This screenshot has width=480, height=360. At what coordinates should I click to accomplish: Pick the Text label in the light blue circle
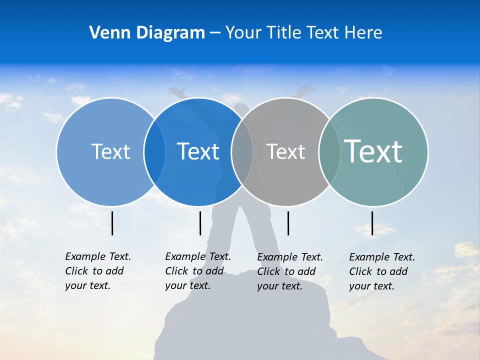110,151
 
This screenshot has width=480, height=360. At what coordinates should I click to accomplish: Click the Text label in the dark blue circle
198,151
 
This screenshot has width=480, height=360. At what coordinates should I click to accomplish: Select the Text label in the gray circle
285,151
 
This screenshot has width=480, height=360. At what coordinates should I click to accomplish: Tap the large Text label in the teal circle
373,151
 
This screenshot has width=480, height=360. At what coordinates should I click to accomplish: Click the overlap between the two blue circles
154,151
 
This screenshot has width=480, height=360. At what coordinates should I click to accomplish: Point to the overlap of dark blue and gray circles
242,151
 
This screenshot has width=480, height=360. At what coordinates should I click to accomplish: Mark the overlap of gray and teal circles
329,151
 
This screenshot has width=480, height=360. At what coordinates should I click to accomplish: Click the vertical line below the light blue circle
112,223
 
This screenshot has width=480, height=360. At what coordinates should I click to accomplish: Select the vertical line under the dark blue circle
200,223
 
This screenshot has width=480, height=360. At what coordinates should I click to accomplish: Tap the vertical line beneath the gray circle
288,223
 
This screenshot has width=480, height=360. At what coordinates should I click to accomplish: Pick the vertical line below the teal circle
372,223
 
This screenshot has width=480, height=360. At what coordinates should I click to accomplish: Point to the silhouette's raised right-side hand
304,88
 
